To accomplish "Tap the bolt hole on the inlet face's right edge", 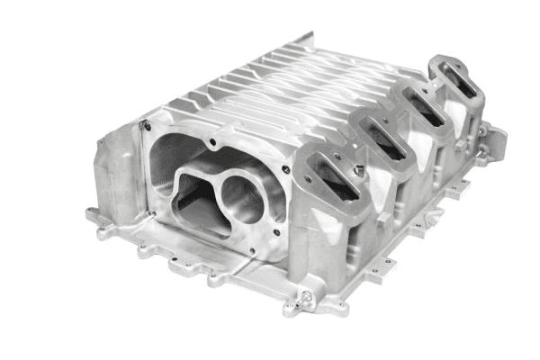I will (x=286, y=168).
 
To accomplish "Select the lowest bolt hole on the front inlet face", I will (x=255, y=249).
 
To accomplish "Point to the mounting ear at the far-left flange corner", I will (x=93, y=214).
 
